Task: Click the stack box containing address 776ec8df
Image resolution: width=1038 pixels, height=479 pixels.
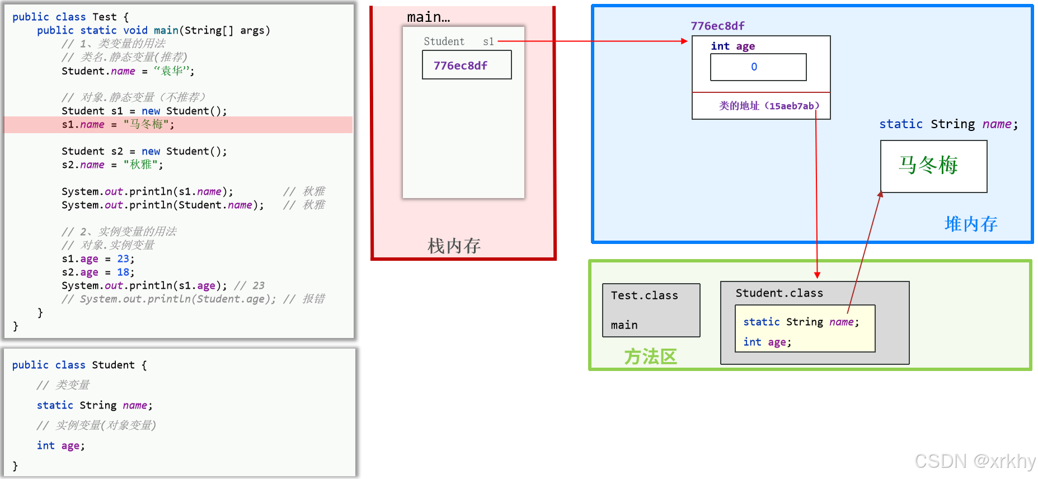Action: point(466,65)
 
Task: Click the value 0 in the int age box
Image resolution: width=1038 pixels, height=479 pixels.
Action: point(754,67)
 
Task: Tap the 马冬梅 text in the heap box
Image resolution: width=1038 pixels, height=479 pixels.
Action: point(928,165)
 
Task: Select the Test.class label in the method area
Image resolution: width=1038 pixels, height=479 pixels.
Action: point(644,295)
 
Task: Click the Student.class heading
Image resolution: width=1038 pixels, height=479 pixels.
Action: point(779,293)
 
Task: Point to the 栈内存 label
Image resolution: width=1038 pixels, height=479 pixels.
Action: point(454,246)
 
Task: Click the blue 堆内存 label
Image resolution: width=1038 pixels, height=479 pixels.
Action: point(971,224)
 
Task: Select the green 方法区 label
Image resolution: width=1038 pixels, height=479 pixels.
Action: point(650,356)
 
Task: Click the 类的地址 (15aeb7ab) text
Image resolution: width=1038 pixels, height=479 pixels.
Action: point(769,106)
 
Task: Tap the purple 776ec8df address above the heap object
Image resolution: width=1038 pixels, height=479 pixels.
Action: point(717,26)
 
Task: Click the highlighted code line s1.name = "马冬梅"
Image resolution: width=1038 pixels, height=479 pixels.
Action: point(118,125)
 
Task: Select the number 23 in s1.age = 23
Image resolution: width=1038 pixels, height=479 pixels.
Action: point(123,259)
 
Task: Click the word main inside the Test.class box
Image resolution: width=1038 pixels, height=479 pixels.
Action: point(624,325)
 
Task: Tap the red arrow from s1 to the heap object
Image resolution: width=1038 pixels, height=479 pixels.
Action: point(593,41)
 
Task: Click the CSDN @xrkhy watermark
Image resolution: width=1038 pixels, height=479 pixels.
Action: point(974,461)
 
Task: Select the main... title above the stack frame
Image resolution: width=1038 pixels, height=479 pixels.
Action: point(428,17)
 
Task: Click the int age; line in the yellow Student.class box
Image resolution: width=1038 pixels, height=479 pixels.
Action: point(767,342)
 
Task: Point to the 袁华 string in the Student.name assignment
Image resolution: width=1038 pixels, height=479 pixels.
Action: point(172,71)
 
